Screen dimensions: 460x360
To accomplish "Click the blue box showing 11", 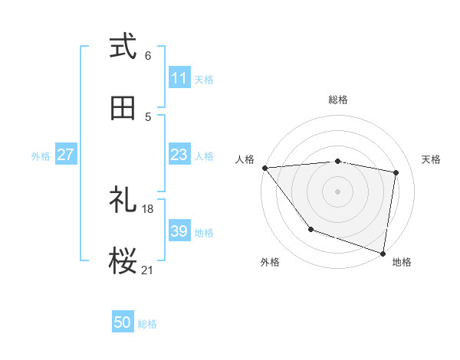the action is click(179, 78).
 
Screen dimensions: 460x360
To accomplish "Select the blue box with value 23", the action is click(179, 155).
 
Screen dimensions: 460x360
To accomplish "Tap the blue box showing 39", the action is click(179, 231).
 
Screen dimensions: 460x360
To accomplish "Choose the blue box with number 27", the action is click(65, 155).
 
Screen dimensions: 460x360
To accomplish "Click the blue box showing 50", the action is click(123, 322).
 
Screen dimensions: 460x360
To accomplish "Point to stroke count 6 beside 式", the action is click(148, 56).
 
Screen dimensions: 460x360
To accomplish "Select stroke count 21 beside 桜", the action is click(148, 270).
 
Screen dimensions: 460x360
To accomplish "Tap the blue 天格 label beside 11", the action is click(204, 79).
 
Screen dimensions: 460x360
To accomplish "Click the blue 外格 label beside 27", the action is click(41, 155).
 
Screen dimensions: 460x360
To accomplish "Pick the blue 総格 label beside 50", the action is click(147, 324).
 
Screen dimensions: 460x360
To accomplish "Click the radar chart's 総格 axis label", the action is click(337, 100).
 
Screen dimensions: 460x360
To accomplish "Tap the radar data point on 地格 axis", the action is click(383, 252).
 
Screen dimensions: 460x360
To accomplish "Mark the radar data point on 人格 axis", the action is click(264, 168).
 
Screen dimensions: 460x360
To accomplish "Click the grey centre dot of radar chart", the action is click(337, 191).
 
